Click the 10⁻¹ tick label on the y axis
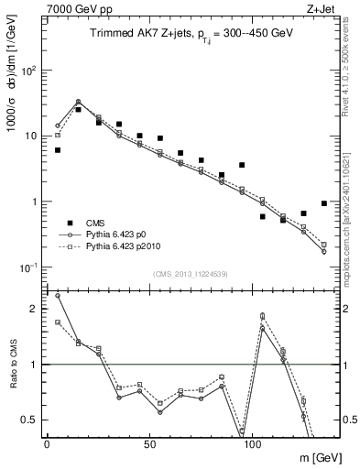[29, 267]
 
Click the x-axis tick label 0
[47, 443]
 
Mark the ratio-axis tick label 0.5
[30, 420]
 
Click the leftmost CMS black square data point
[58, 150]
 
